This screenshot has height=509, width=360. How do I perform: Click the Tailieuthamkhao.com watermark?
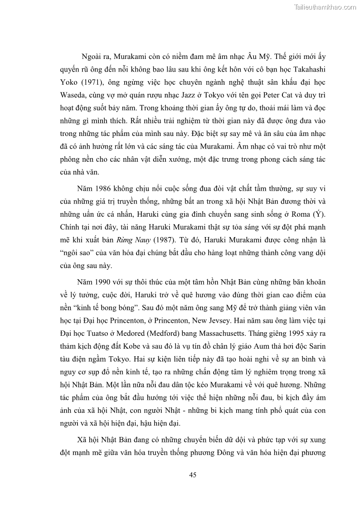[325, 7]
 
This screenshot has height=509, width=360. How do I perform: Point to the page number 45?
[192, 475]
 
